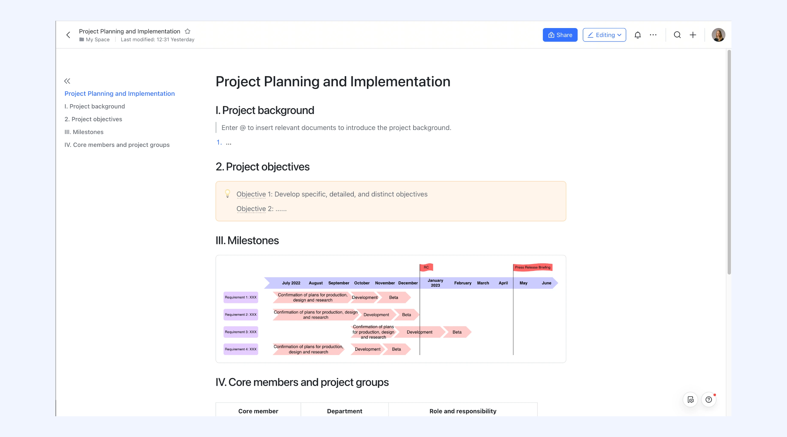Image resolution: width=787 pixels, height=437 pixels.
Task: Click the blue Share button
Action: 560,35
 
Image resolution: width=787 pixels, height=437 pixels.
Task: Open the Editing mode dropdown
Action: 604,35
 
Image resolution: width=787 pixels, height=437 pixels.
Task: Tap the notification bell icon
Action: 638,35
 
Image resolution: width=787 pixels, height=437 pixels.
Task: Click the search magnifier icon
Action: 677,35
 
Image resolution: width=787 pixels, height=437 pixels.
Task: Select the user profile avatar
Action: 719,35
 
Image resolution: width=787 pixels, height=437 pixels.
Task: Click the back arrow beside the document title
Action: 68,35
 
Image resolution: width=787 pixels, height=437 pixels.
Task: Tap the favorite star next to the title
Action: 188,31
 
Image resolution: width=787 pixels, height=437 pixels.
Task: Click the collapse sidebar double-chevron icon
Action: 67,81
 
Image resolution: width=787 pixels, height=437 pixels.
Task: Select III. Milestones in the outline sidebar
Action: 84,132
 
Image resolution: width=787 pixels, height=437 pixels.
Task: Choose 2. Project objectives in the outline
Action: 93,119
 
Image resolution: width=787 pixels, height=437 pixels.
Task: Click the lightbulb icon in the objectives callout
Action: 227,193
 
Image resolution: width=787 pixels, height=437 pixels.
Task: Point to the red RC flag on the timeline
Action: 426,267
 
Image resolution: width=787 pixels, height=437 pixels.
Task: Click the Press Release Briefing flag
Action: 533,267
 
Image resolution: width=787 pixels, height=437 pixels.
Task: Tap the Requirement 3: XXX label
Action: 241,332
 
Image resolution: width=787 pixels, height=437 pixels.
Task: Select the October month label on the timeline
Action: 362,283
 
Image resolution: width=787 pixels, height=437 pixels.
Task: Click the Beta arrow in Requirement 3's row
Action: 457,332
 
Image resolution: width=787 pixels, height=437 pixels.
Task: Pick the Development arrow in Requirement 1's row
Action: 365,298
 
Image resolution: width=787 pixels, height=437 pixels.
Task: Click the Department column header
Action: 345,411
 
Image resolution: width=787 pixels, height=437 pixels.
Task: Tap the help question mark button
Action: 709,399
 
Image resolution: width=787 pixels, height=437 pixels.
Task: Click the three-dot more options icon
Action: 653,35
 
